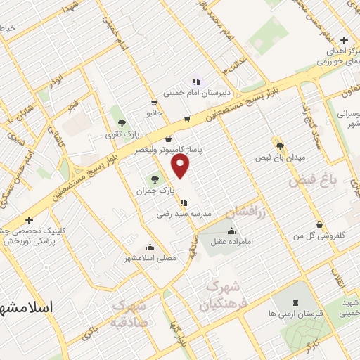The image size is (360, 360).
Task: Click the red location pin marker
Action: coord(181,166)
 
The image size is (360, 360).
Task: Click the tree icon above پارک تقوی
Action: coord(123,122)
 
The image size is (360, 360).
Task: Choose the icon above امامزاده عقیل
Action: coord(231,232)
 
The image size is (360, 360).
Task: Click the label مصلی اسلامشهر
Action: coord(150,258)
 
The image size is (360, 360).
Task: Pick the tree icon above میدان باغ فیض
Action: coord(281,146)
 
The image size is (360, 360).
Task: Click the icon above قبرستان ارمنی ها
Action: coord(295,302)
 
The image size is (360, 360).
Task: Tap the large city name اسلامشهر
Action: coord(27,308)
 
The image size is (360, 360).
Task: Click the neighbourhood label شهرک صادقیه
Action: coord(129,314)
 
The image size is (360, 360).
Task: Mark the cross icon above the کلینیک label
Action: coord(29,220)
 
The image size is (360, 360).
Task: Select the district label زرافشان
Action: coord(247,213)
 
